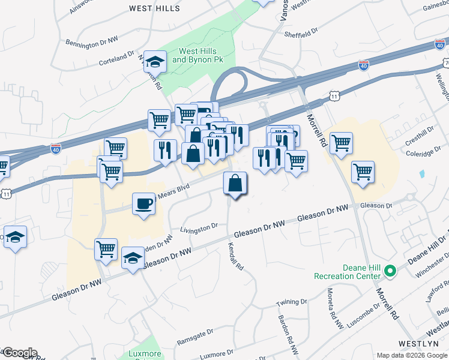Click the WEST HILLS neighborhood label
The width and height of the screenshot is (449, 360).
point(154,8)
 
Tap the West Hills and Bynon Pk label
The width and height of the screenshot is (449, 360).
point(197,56)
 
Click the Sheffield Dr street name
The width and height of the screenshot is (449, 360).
point(300,35)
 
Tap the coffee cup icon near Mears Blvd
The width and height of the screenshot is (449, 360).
point(143,205)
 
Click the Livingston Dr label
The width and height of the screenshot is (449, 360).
point(199,229)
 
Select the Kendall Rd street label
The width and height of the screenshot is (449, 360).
point(235,256)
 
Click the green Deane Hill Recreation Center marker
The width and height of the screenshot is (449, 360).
point(390,272)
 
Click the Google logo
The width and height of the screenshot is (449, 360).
point(19,353)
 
